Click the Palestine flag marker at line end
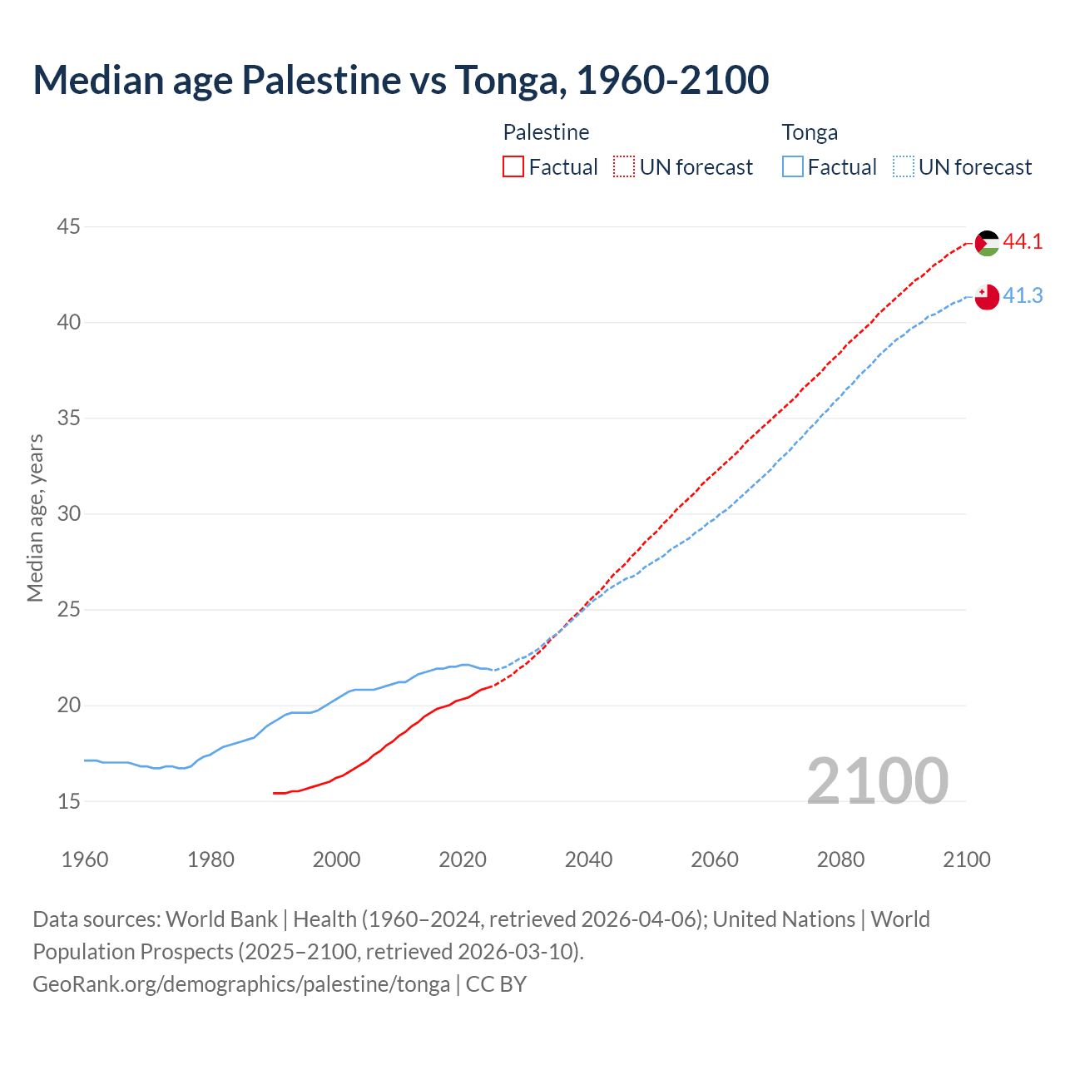tap(987, 243)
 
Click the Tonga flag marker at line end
tap(987, 297)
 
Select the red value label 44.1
tap(1023, 242)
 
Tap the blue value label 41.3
tap(1023, 296)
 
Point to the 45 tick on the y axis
tap(69, 226)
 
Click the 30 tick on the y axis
tap(69, 513)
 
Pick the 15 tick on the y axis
tap(69, 801)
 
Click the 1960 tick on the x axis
tap(85, 859)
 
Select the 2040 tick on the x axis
tap(588, 859)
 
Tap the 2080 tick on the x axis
tap(840, 859)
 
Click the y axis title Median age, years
tap(35, 518)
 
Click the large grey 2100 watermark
tap(877, 780)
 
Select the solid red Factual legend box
tap(513, 167)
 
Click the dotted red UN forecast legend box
tap(624, 167)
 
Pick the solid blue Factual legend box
tap(793, 167)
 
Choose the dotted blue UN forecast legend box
tap(904, 167)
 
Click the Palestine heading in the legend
tap(546, 132)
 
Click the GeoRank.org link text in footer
tap(241, 984)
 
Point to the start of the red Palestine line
tap(275, 793)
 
